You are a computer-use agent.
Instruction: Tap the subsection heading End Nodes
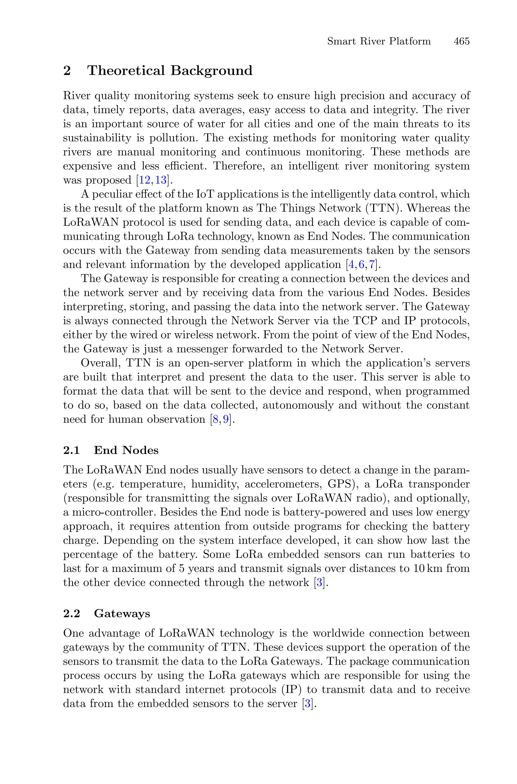[126, 450]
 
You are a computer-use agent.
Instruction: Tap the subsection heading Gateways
[122, 614]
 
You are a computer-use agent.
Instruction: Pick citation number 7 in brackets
[372, 265]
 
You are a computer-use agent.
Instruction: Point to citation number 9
[225, 420]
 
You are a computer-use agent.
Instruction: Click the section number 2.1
[71, 450]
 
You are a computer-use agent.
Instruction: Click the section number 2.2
[71, 614]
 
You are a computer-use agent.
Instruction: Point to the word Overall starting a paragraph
[100, 363]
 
